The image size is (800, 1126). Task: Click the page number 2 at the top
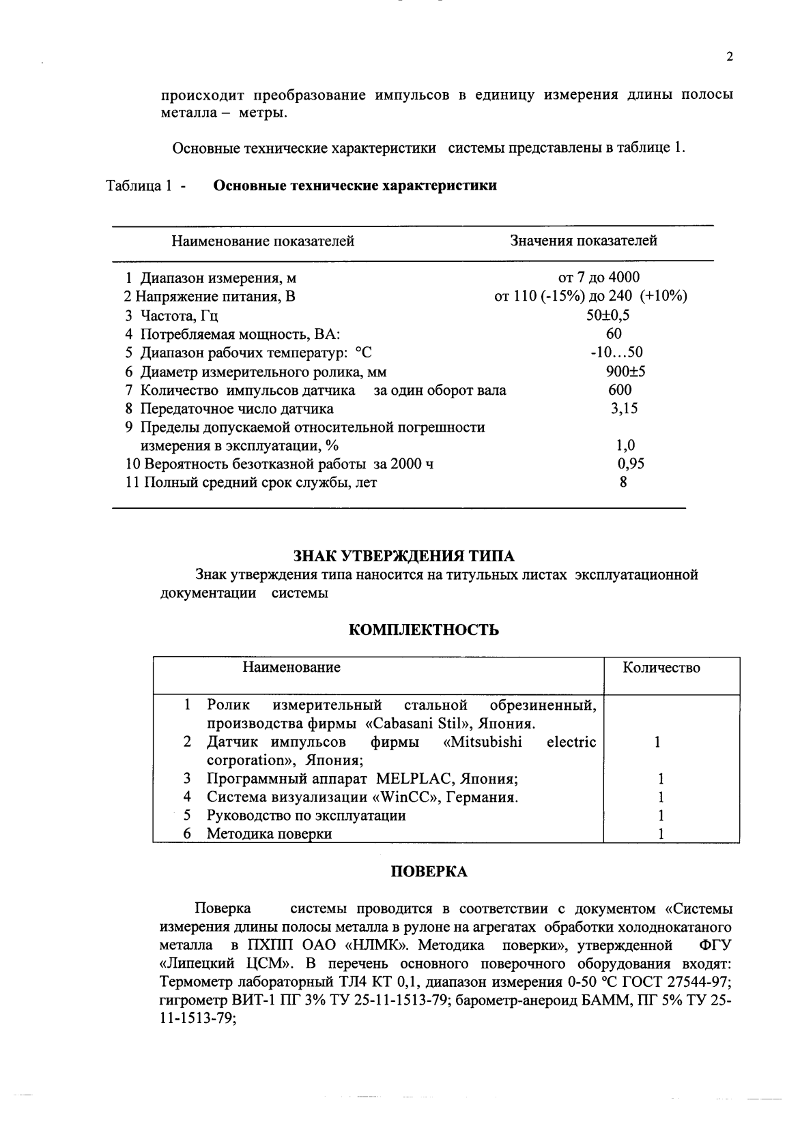click(730, 57)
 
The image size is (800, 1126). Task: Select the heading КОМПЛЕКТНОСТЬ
click(423, 629)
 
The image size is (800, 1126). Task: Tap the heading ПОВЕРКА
click(429, 872)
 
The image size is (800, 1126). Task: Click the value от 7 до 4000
click(599, 278)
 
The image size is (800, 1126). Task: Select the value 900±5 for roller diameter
click(625, 372)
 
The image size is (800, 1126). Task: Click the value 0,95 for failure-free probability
click(631, 464)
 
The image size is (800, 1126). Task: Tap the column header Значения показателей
click(584, 241)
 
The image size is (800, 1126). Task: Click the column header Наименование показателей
click(262, 241)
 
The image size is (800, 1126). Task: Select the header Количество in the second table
click(661, 668)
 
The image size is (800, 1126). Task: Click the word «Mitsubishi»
click(483, 742)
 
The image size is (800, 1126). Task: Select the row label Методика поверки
click(270, 834)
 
